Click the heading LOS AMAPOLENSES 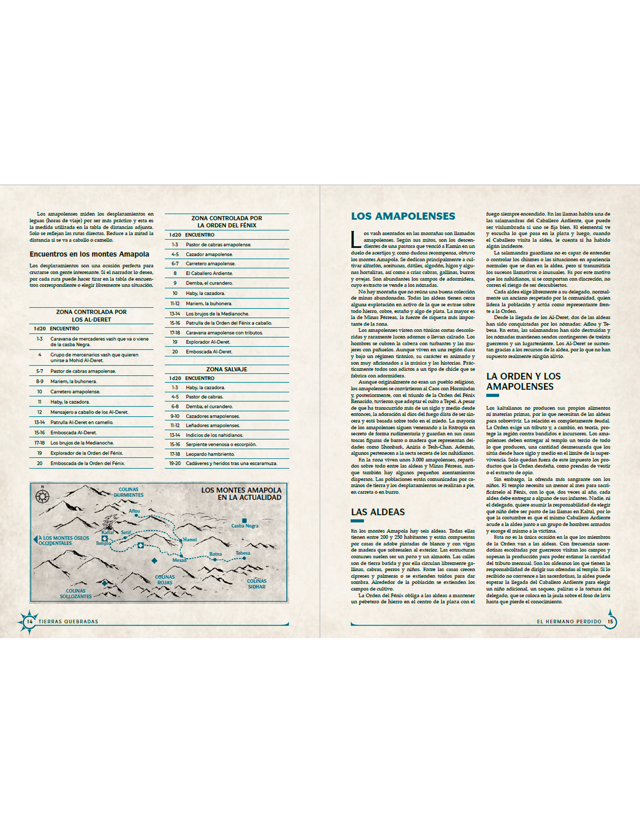click(403, 216)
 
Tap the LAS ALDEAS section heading click(378, 512)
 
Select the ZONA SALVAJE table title click(226, 369)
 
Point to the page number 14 click(30, 621)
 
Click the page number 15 click(610, 621)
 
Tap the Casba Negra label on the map click(244, 526)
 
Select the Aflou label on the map click(134, 511)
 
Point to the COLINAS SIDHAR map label click(256, 584)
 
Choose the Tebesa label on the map click(243, 553)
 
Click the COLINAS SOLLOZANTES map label click(76, 593)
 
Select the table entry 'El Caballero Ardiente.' click(209, 273)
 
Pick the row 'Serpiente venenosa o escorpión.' click(221, 444)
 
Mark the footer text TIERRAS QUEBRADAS click(68, 621)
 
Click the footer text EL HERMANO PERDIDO click(569, 621)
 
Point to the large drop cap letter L click(356, 239)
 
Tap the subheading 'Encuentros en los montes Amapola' click(89, 254)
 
